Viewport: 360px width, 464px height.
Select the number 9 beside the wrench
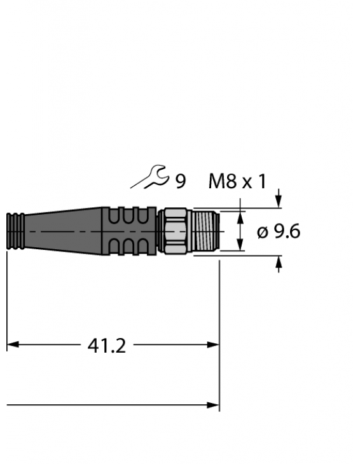181,182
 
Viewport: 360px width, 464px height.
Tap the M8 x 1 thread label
237,182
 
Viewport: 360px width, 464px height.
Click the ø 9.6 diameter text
279,232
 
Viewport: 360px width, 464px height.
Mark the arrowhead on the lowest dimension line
213,405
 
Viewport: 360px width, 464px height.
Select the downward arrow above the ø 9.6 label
278,201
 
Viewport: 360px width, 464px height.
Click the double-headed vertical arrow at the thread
240,231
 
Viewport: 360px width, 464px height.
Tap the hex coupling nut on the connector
174,231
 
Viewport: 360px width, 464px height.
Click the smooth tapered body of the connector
64,231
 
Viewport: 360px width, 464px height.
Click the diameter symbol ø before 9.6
262,233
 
